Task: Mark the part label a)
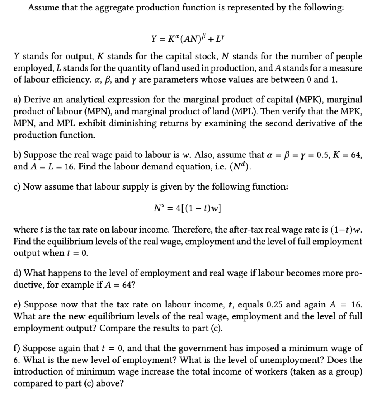pos(17,100)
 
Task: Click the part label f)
pos(17,348)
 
